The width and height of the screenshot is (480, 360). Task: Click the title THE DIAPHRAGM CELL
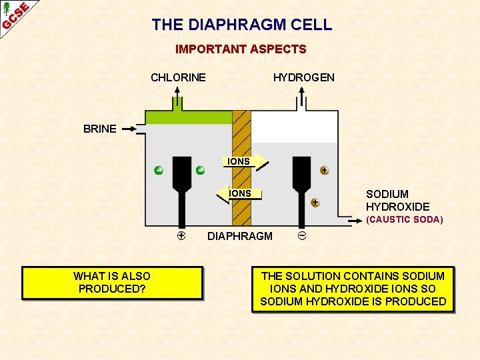coord(241,25)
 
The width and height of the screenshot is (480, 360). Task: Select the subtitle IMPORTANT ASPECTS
coord(241,49)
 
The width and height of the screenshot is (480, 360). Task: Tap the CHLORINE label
coord(178,77)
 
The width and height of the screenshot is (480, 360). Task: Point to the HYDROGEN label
coord(304,77)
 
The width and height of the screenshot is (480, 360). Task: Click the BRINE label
coord(100,129)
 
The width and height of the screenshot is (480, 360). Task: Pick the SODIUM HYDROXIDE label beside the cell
coord(397,201)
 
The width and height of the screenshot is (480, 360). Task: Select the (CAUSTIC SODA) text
coord(404,219)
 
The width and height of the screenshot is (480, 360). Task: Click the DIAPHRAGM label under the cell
coord(240,236)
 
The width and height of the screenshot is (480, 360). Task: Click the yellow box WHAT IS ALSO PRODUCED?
coord(112,283)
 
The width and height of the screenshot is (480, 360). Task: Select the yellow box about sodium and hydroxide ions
coord(353,289)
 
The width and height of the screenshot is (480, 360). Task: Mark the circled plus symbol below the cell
coord(181,235)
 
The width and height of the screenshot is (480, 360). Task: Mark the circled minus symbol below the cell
coord(302,235)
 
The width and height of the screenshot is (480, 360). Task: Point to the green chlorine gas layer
coord(189,117)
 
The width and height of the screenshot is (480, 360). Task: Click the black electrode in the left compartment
coord(181,187)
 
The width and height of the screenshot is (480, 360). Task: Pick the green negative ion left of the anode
coord(158,170)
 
